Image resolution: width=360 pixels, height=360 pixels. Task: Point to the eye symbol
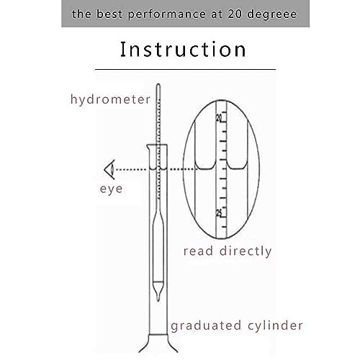(x=109, y=170)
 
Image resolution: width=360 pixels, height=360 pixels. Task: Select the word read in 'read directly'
(x=199, y=251)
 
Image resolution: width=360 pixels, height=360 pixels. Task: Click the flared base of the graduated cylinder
(x=157, y=349)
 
